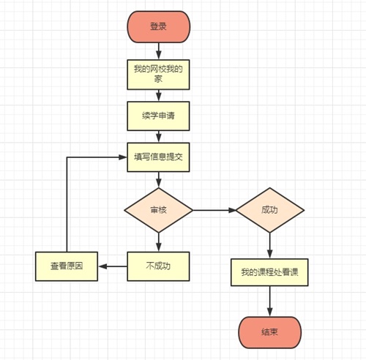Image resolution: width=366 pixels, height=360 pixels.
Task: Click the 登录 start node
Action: [x=159, y=26]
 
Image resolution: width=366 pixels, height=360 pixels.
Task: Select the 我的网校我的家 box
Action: [x=159, y=73]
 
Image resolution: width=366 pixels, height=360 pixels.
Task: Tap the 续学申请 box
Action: [x=159, y=116]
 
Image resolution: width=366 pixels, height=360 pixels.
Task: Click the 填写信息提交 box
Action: [x=159, y=157]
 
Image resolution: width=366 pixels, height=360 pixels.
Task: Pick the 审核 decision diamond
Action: [x=159, y=210]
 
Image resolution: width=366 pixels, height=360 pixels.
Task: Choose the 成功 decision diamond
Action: [x=269, y=210]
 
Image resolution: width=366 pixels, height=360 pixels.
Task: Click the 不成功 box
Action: [x=159, y=266]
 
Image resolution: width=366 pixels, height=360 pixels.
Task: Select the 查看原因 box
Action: [x=67, y=266]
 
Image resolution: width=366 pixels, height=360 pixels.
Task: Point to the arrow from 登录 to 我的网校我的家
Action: [x=159, y=50]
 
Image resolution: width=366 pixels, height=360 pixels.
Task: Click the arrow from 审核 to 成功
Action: [x=214, y=210]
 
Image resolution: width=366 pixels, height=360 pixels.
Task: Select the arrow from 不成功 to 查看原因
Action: [x=113, y=266]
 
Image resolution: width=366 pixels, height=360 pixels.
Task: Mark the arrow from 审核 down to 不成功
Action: [x=159, y=241]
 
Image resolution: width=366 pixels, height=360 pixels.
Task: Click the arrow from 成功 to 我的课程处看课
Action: [x=269, y=245]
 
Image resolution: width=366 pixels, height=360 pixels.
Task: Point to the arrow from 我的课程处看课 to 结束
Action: [x=269, y=301]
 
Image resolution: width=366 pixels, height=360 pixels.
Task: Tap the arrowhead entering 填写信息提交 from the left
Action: [x=123, y=157]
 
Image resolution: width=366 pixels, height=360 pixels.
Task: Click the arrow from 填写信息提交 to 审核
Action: [x=159, y=181]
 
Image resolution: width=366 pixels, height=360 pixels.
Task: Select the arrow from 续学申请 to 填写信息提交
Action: [x=159, y=136]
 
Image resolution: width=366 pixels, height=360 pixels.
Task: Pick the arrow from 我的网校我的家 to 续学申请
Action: [x=159, y=95]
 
